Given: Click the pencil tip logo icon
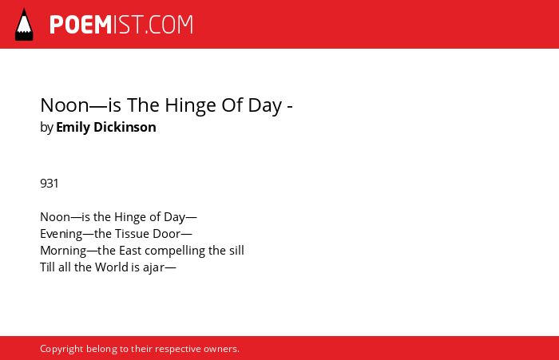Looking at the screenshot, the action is pos(24,24).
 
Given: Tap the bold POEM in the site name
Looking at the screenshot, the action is pos(81,25).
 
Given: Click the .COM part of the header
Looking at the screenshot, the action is pos(169,25).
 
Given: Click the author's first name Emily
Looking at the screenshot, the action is pos(73,128).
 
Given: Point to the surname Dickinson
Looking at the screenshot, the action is pos(125,127).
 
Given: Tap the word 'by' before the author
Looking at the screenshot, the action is pos(46,128).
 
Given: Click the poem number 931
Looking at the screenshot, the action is pos(50,184).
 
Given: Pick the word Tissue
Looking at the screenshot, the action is pos(132,233).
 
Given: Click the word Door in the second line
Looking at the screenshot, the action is pos(167,233).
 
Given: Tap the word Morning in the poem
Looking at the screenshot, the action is pos(63,251).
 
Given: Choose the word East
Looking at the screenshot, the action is pos(130,250).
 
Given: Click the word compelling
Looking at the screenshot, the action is pos(175,251).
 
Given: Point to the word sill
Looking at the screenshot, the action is pos(236,250).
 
